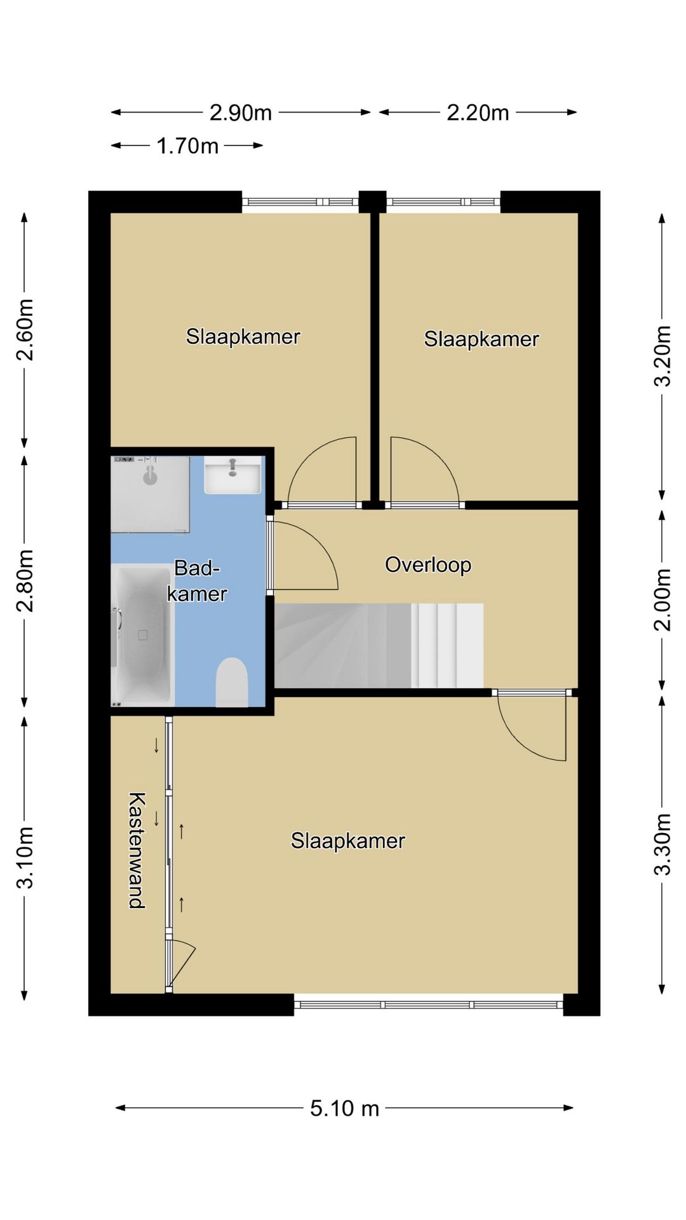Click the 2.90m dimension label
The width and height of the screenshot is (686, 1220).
pos(241,112)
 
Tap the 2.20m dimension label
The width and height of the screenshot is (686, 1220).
pos(478,112)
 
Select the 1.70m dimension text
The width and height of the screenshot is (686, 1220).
pos(187,146)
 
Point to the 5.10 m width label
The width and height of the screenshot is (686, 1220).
pos(344,1108)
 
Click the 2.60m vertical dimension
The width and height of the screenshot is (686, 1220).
pos(25,329)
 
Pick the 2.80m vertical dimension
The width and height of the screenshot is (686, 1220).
pos(25,581)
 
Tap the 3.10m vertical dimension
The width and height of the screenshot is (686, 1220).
pos(25,857)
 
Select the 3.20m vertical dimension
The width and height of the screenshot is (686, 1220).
pos(662,356)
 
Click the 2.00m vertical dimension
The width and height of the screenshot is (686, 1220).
pos(662,599)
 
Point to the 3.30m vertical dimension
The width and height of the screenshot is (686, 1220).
pos(662,844)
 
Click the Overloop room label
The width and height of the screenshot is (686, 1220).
pos(428,565)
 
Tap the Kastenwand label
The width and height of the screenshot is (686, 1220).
pos(137,850)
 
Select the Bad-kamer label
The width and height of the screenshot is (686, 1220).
pos(197,581)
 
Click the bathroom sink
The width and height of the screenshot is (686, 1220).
pos(232,475)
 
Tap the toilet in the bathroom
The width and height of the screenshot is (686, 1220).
pos(232,682)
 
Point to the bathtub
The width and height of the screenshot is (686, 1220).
pos(143,635)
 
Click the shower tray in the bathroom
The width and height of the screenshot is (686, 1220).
pos(151,494)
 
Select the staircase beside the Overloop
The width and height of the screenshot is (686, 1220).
pos(379,646)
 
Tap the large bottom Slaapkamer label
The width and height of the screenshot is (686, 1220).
pos(348,841)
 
